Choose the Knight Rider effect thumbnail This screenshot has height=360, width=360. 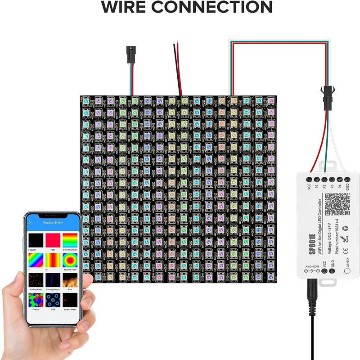pyautogui.click(x=69, y=301)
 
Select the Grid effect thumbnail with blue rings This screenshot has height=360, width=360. pyautogui.click(x=53, y=301)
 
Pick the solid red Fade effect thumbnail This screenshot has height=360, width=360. pyautogui.click(x=53, y=239)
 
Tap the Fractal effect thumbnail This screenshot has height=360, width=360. pyautogui.click(x=36, y=301)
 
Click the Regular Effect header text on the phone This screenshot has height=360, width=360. pyautogui.click(x=53, y=223)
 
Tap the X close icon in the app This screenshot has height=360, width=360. pyautogui.click(x=30, y=223)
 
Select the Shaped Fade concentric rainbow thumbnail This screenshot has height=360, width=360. pyautogui.click(x=69, y=260)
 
